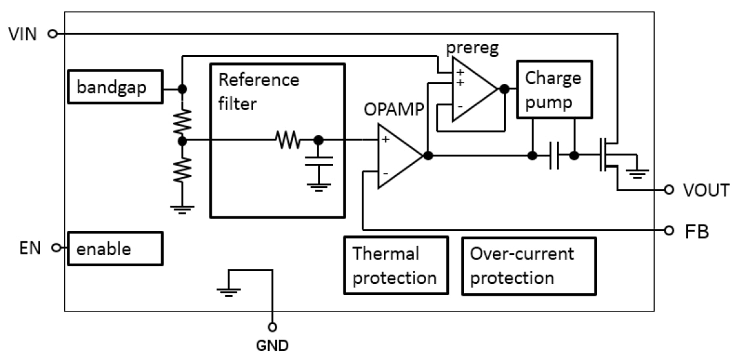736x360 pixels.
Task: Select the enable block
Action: click(x=114, y=249)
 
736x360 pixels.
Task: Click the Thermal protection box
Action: click(x=396, y=265)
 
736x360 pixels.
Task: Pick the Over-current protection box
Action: click(x=528, y=265)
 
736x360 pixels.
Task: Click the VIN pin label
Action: click(x=23, y=33)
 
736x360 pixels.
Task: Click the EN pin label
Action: click(x=31, y=248)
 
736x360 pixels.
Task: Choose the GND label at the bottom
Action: click(x=272, y=344)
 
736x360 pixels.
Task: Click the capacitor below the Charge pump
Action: click(x=554, y=156)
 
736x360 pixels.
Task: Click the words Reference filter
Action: click(x=258, y=92)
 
